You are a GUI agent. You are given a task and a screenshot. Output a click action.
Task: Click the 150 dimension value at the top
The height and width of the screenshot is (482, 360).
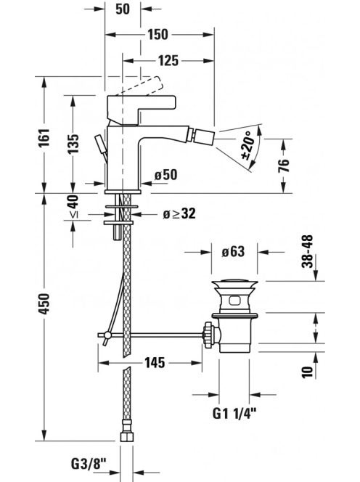(x=158, y=34)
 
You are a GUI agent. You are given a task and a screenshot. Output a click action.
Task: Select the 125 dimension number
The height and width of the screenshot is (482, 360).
(x=168, y=60)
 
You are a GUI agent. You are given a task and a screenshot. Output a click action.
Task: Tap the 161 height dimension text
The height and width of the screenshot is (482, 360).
(x=44, y=138)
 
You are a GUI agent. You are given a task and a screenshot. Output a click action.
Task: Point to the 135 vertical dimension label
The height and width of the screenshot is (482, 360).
(x=73, y=144)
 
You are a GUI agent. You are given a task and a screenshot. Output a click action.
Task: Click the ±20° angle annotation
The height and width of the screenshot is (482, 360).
(x=248, y=144)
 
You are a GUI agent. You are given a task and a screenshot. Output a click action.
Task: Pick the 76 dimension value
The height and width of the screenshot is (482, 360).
(x=284, y=165)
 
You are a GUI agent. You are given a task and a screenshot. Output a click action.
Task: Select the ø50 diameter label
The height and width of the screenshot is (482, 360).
(x=166, y=175)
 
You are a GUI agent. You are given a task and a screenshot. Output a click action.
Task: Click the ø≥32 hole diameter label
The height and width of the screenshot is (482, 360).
(x=179, y=213)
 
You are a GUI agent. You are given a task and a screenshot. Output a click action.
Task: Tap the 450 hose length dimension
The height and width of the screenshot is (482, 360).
(x=44, y=303)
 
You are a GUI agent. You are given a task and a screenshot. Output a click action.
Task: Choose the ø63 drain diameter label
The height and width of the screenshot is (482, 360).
(x=233, y=252)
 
